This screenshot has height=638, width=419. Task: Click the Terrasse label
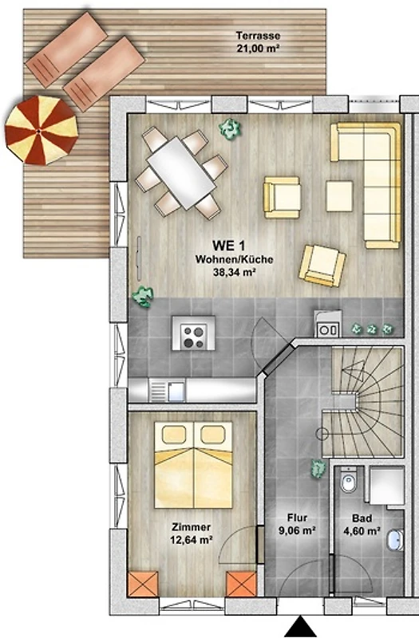point(258,36)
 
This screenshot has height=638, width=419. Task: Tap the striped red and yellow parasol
point(42,130)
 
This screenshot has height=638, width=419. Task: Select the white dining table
point(181,173)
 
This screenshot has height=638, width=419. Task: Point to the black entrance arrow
point(301,627)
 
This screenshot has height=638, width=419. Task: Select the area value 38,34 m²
point(234,272)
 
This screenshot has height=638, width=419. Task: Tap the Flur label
point(297,518)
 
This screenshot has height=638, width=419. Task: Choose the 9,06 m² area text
point(298,530)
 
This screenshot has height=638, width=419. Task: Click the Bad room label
point(362,518)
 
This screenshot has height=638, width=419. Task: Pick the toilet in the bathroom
point(349,480)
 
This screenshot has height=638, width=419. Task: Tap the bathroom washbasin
point(395,540)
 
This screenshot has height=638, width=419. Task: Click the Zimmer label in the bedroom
point(191,527)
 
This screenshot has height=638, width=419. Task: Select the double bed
point(193,464)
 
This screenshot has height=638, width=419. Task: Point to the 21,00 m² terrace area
point(258,49)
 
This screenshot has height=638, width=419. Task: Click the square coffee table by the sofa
point(339,196)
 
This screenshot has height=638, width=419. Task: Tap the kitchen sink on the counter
point(176,390)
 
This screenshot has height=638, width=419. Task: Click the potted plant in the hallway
point(318,468)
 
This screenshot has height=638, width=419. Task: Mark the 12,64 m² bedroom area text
point(192,540)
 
